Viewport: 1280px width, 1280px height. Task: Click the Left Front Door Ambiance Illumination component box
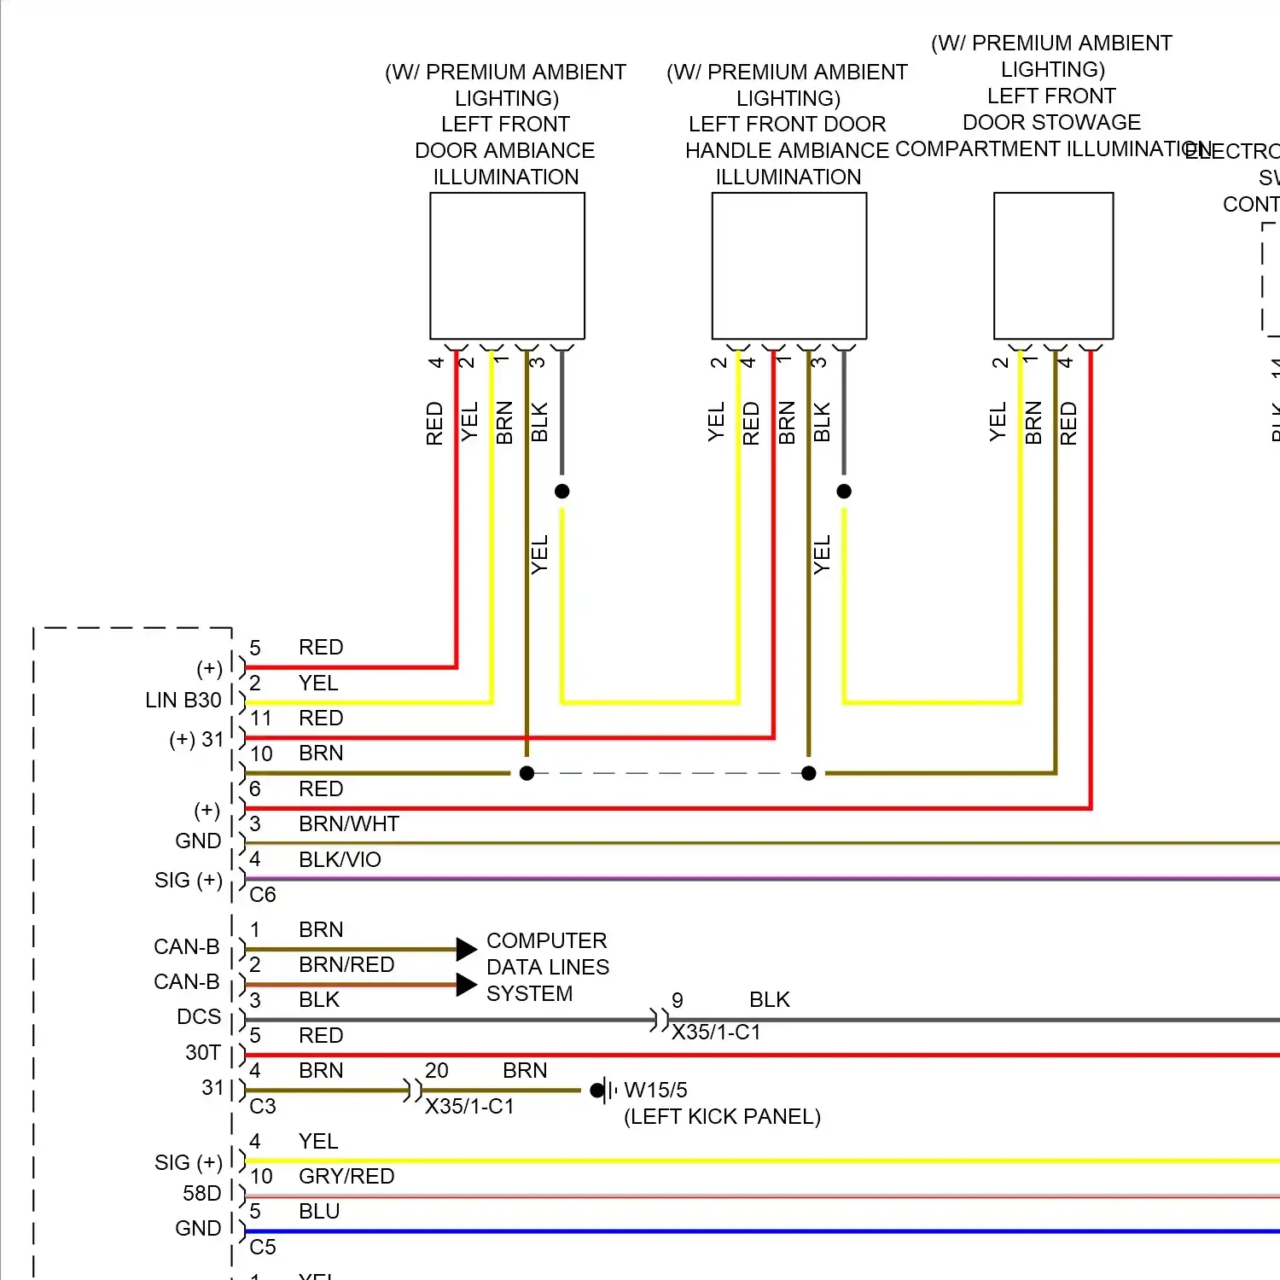coord(507,265)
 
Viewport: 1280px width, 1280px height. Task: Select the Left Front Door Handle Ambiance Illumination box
coord(788,265)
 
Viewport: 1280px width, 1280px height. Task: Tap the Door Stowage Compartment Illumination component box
coord(1053,265)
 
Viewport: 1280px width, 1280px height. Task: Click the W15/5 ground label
coord(655,1090)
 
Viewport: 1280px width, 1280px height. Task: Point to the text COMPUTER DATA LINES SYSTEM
coord(547,967)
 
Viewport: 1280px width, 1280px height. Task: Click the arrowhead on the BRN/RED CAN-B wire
coord(466,985)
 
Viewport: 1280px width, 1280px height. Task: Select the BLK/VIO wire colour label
coord(340,859)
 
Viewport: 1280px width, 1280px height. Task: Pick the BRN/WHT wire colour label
coord(348,823)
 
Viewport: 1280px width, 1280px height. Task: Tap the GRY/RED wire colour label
coord(346,1176)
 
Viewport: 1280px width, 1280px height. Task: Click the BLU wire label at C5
coord(319,1211)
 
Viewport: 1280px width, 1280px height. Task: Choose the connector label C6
coord(263,894)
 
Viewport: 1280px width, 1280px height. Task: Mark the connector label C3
coord(263,1106)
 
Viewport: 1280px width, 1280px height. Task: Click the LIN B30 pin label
coord(183,700)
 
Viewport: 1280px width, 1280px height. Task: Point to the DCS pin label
coord(198,1016)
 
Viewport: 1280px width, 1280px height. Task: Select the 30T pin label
coord(202,1052)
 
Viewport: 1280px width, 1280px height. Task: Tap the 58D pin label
coord(201,1193)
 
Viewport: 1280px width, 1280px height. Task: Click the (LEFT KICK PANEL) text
coord(722,1116)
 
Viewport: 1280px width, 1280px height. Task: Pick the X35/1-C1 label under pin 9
coord(715,1032)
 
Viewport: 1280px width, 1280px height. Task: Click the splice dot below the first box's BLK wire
coord(561,491)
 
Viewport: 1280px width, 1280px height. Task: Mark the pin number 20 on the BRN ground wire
coord(436,1070)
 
